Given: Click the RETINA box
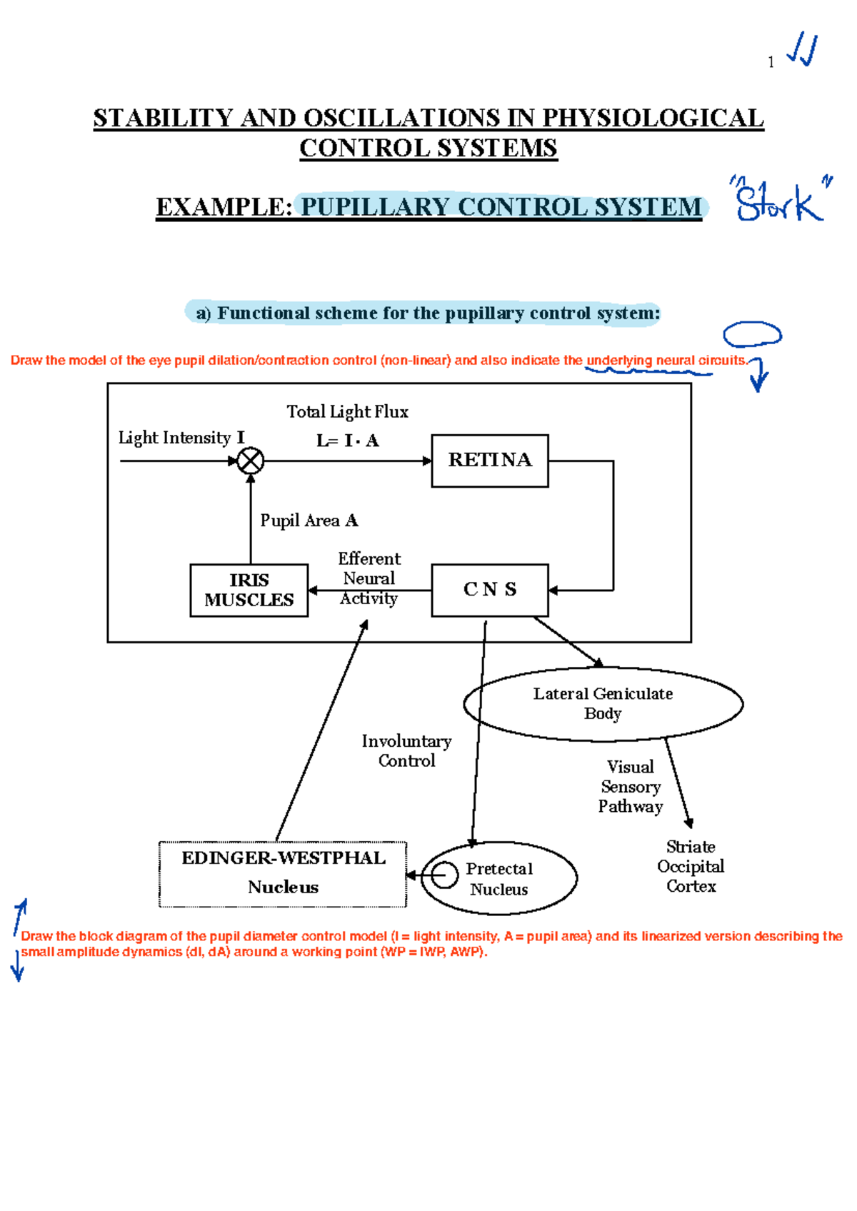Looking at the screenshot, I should click(x=490, y=461).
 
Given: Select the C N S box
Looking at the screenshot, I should click(x=490, y=590).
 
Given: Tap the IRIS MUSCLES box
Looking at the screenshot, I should click(x=249, y=590).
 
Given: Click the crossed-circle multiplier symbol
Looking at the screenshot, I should click(x=250, y=461).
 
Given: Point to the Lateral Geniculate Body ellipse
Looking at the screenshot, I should click(x=603, y=704).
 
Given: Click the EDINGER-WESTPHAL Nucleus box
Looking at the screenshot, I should click(x=283, y=873).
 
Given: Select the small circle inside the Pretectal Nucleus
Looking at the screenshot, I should click(x=444, y=874).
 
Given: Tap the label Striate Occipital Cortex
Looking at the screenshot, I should click(x=691, y=866).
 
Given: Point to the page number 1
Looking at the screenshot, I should click(x=771, y=63).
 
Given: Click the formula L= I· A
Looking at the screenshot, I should click(x=348, y=441).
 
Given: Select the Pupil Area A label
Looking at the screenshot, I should click(x=309, y=521).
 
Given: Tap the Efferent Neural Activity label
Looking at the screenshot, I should click(x=369, y=578).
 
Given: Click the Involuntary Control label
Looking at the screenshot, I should click(x=406, y=751).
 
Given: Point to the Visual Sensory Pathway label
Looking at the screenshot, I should click(x=630, y=786).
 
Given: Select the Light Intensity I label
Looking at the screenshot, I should click(x=181, y=438).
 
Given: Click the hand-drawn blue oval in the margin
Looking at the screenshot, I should click(x=752, y=334).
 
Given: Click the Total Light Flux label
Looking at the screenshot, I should click(x=347, y=412).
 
